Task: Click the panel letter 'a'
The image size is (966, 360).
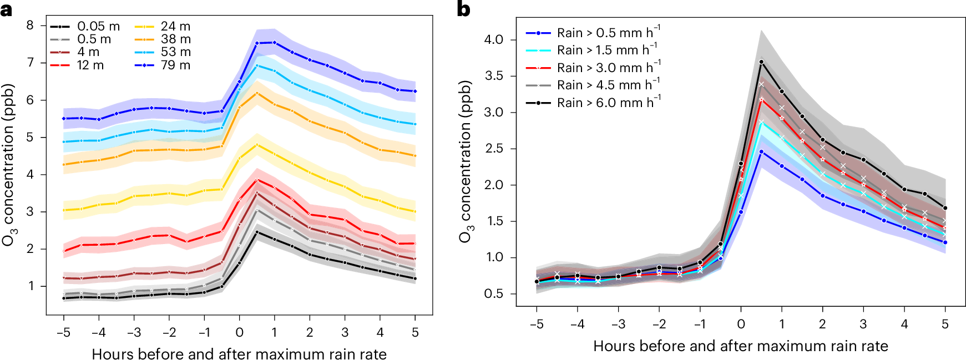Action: click(x=7, y=9)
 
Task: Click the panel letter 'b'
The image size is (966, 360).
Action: click(x=463, y=9)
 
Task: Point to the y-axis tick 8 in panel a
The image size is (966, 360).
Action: click(x=30, y=25)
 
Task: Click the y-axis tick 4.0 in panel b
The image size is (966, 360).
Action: click(x=493, y=39)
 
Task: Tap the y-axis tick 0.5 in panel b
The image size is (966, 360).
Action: click(x=493, y=293)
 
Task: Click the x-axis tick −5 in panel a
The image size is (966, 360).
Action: click(x=63, y=333)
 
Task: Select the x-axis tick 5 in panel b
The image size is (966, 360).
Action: click(x=945, y=324)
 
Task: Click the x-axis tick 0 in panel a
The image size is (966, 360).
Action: click(x=239, y=333)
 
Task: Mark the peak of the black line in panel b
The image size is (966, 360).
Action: click(x=761, y=62)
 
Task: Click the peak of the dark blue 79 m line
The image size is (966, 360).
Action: click(x=274, y=42)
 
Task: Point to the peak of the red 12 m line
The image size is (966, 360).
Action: click(x=256, y=180)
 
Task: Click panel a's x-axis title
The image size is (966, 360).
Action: click(x=239, y=353)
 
